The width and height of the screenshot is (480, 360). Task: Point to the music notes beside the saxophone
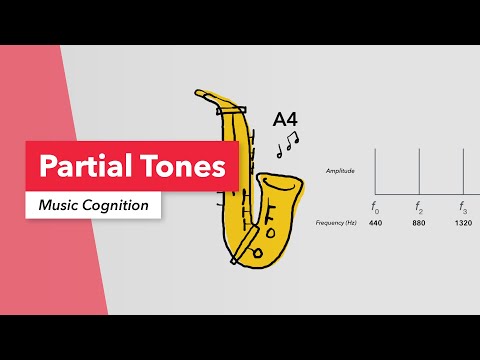[x=287, y=145]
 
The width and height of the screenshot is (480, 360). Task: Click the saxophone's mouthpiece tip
[x=200, y=95]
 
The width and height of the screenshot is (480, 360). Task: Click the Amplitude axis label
[x=340, y=171]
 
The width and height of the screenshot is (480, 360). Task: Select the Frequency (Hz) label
[x=336, y=223]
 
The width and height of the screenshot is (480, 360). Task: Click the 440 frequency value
[x=375, y=223]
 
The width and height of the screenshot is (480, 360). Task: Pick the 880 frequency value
[x=419, y=223]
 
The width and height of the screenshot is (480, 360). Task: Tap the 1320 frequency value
[x=463, y=223]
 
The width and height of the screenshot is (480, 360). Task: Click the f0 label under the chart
[x=375, y=207]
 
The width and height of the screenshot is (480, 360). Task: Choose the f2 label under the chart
[x=419, y=207]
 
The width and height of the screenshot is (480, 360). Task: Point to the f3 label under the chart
[x=463, y=207]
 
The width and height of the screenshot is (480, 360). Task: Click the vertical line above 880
[x=419, y=170]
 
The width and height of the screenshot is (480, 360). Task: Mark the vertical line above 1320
[x=463, y=170]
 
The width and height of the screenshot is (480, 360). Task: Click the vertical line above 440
[x=375, y=170]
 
